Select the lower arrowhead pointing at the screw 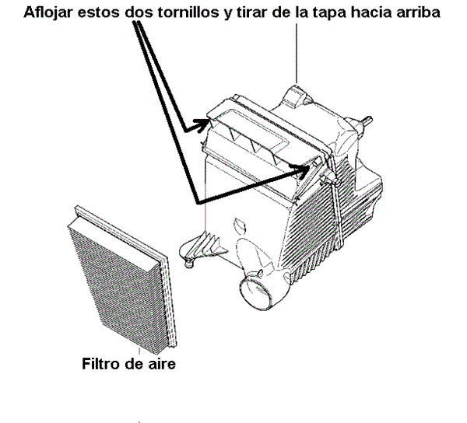(x=301, y=170)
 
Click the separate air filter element (x=122, y=277)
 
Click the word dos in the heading (x=139, y=12)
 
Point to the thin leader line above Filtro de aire (x=139, y=351)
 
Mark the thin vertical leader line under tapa (x=297, y=54)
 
